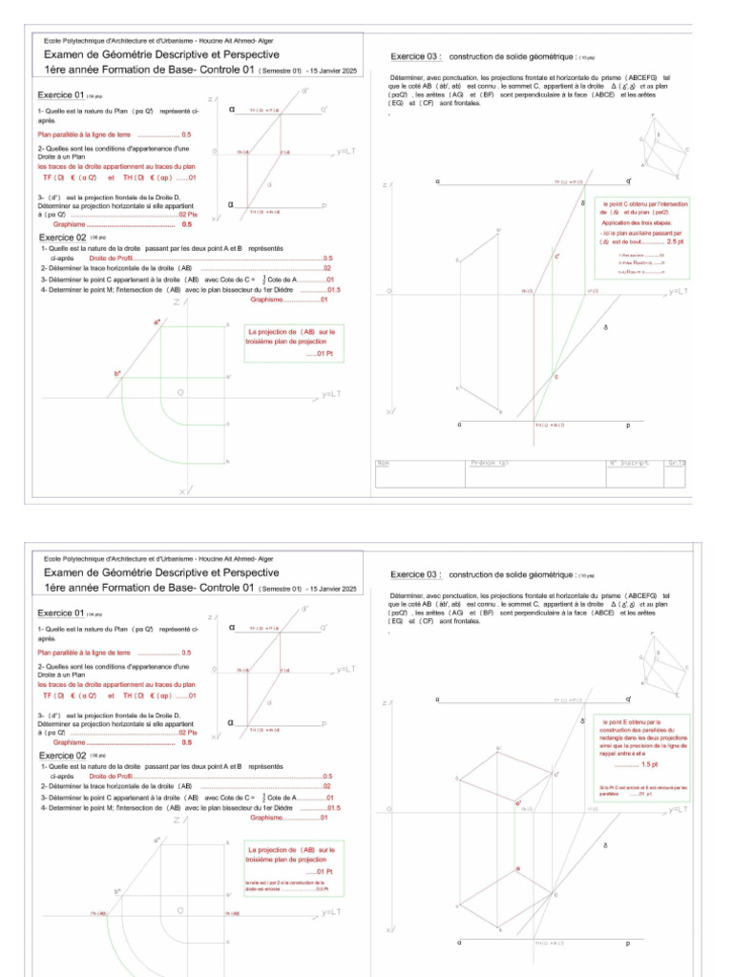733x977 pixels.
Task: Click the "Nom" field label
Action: pos(384,463)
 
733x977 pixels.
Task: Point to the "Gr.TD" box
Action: pos(677,463)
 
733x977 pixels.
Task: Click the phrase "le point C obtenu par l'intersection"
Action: pos(644,204)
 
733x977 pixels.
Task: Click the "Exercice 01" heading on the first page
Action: pos(61,95)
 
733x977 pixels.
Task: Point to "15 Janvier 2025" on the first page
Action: pos(333,70)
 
